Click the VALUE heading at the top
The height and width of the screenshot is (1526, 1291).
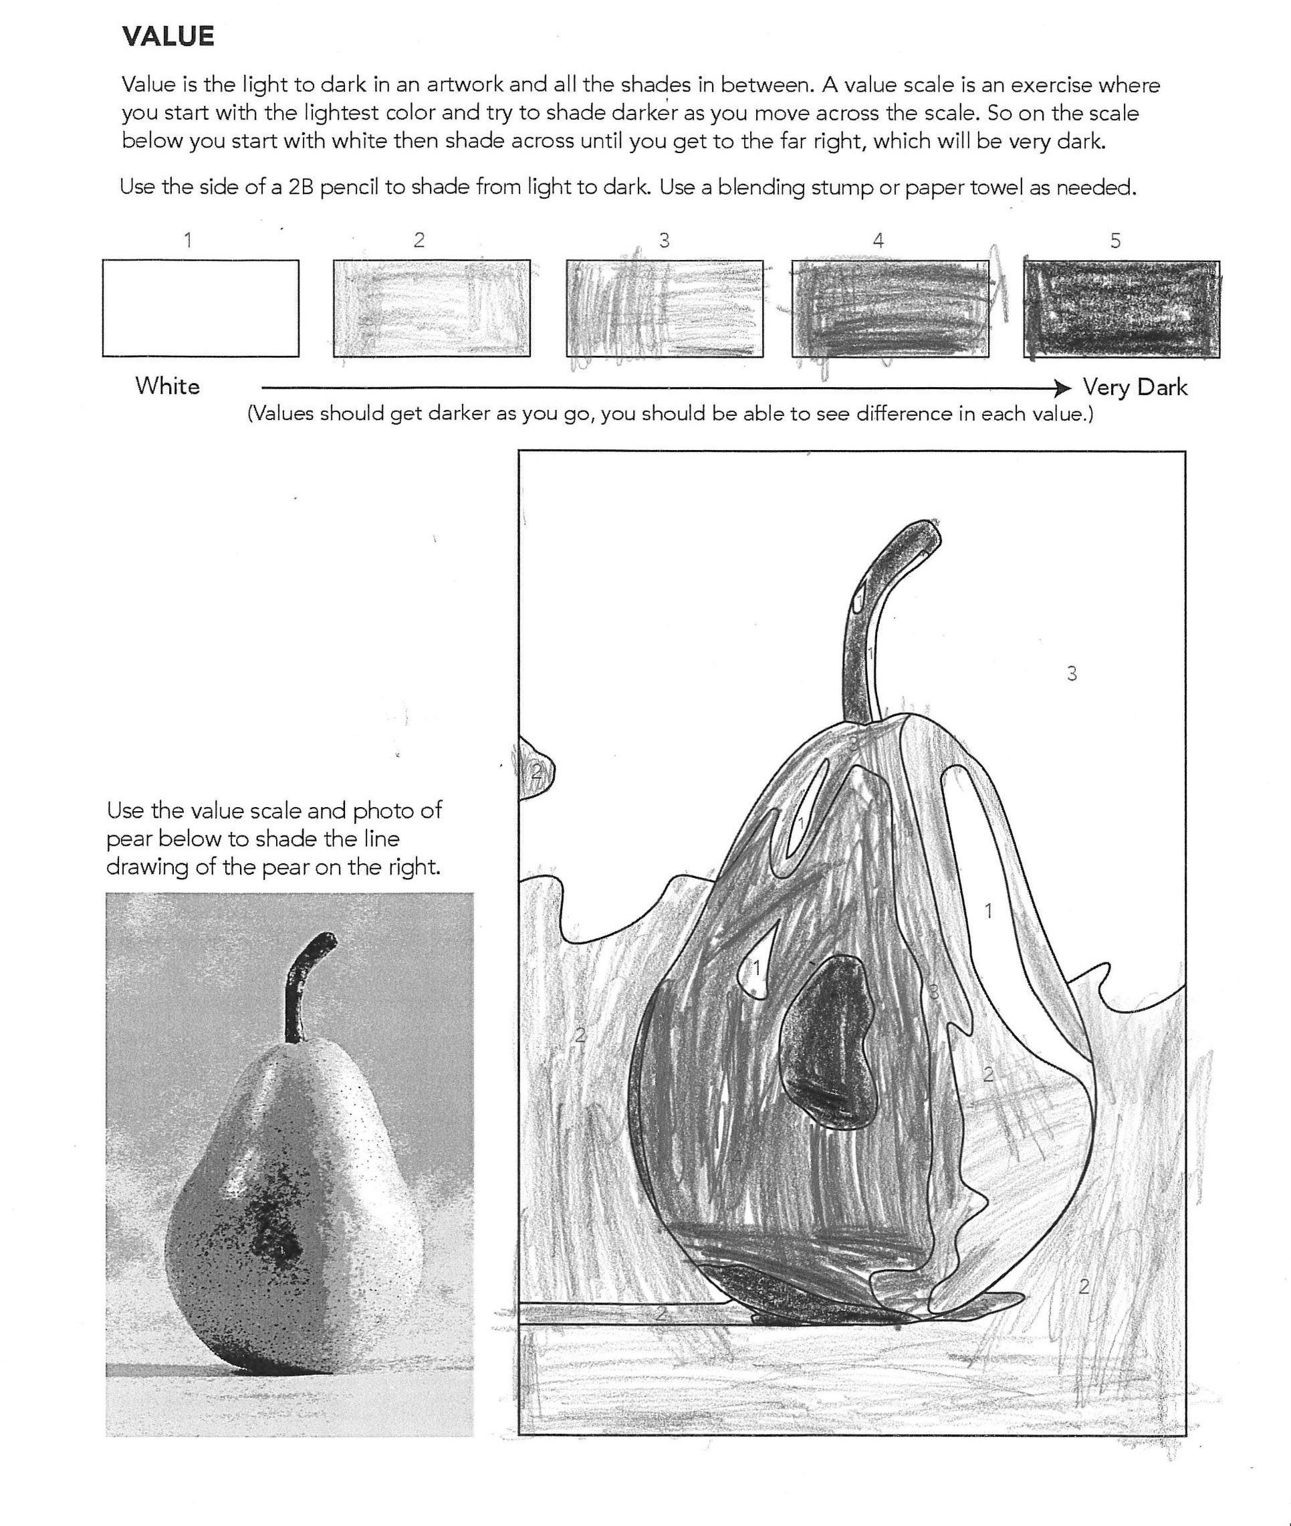(168, 37)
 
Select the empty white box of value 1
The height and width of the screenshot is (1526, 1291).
(201, 308)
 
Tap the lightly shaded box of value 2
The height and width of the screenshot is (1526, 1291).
(431, 308)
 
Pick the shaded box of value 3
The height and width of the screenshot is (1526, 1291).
(664, 308)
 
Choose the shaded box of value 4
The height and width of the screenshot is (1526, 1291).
(889, 308)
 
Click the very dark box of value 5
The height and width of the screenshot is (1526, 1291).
(1121, 309)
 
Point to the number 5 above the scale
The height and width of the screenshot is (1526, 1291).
(1115, 241)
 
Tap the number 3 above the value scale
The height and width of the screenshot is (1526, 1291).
(664, 241)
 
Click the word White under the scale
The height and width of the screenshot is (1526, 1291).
(168, 387)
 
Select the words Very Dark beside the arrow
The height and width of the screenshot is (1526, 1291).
(1135, 387)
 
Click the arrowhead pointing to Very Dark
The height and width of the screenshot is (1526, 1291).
(1064, 387)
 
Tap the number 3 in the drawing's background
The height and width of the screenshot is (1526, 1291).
(1072, 673)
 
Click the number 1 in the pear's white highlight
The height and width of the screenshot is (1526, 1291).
(989, 911)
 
